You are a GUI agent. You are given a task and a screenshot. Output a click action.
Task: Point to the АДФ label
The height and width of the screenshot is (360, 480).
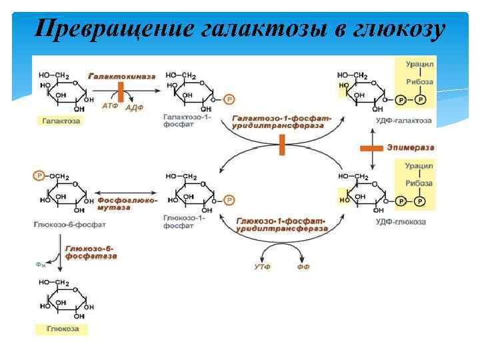coord(135,107)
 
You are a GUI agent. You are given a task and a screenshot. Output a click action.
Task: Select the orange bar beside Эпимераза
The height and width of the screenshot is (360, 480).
coord(371,147)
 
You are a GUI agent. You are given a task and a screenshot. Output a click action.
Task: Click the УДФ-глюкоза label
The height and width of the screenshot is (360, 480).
coord(398,221)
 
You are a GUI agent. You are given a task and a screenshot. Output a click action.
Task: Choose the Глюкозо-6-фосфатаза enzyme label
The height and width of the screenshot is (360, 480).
coord(91,251)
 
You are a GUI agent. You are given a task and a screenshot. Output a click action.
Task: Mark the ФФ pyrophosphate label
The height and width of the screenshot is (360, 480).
coord(303,267)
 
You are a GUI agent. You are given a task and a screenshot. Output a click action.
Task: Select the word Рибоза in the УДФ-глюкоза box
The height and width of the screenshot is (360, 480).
coord(420,182)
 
